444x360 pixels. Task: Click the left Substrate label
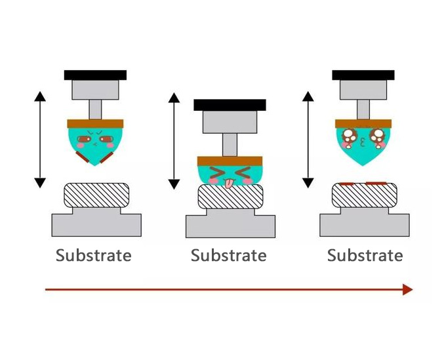tap(93, 255)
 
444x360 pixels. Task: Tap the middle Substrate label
tap(228, 255)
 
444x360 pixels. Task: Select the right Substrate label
tap(365, 255)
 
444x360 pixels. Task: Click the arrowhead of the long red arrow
tap(407, 289)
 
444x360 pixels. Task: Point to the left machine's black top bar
tap(95, 75)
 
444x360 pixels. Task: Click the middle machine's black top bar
tap(230, 105)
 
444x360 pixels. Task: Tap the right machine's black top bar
tap(363, 75)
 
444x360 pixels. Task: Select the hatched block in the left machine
tap(96, 195)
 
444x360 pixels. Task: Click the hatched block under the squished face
tap(230, 197)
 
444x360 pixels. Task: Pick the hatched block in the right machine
tap(364, 195)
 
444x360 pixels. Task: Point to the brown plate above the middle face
tap(230, 161)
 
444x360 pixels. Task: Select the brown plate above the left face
tap(96, 123)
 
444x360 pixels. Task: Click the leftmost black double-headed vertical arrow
tap(40, 140)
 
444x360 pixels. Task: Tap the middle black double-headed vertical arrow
tap(174, 141)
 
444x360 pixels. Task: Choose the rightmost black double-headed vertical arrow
tap(308, 140)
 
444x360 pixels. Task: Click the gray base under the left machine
tap(96, 223)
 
